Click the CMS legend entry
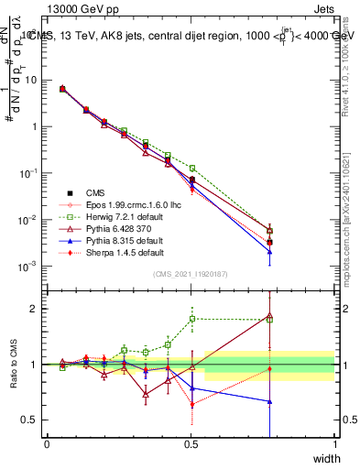[95, 192]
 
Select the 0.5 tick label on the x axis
[191, 444]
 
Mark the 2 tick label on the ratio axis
[36, 309]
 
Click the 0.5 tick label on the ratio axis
[32, 420]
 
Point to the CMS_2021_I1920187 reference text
[191, 274]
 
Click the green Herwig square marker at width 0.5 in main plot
[191, 169]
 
